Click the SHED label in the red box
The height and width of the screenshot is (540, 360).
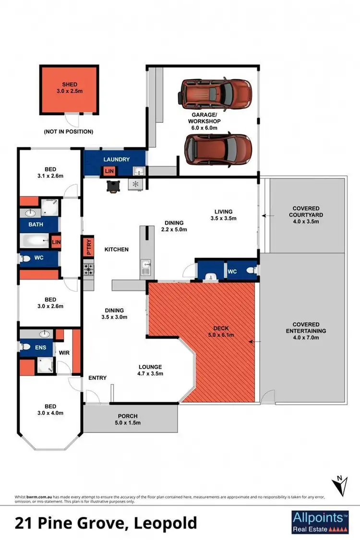(x=69, y=84)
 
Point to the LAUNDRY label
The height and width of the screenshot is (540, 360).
(x=116, y=159)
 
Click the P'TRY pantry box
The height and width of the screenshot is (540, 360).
(x=88, y=247)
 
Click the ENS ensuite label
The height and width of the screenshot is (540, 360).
(x=40, y=347)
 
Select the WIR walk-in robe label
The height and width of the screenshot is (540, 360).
(x=64, y=353)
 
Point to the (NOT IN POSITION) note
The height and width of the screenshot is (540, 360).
(x=68, y=132)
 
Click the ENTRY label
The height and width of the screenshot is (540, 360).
(x=97, y=378)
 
